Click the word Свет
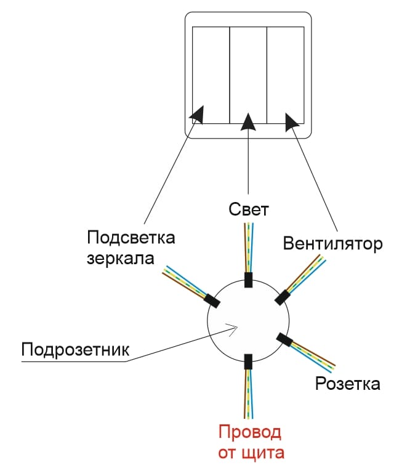point(248,209)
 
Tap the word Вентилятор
point(332,243)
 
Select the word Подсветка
point(131,238)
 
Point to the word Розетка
point(347,384)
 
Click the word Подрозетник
point(76,350)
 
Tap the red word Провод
point(250,432)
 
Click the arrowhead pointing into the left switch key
point(197,114)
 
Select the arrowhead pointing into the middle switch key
point(248,120)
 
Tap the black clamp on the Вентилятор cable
point(283,297)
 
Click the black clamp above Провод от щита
point(248,362)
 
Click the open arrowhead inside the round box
point(232,328)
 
